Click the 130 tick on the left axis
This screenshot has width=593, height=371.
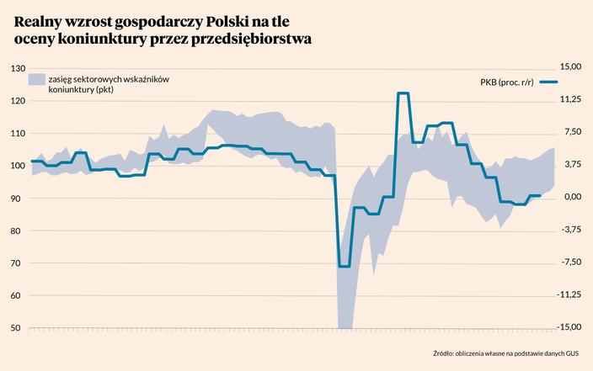point(17,68)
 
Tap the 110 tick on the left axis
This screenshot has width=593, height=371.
point(17,134)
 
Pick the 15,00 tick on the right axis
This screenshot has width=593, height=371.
point(571,65)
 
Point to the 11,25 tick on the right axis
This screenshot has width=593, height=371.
point(571,98)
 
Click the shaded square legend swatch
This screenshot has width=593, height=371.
point(36,79)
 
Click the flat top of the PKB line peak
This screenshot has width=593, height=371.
point(403,93)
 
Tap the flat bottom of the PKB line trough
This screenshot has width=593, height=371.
point(344,266)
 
